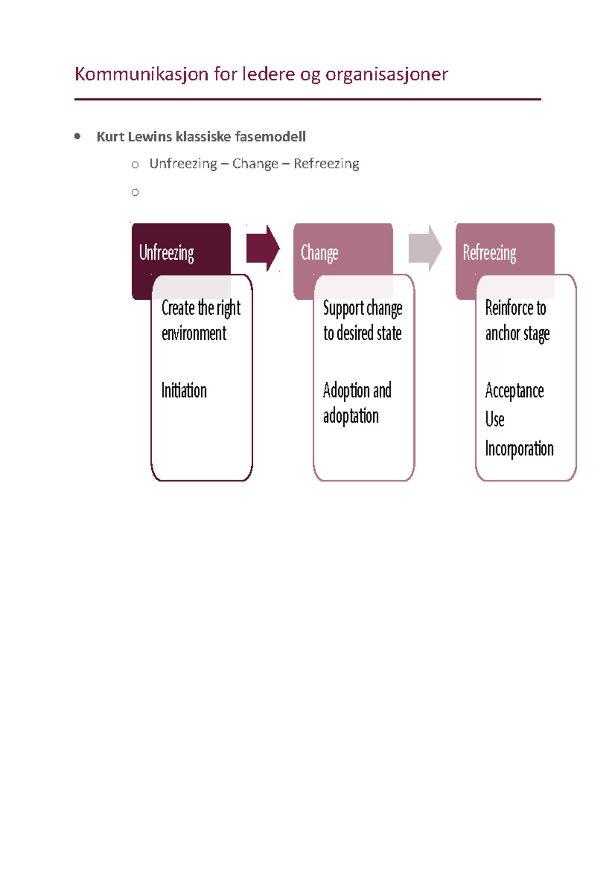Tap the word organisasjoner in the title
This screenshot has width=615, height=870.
click(x=386, y=75)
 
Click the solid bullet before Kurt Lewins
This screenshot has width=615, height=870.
click(x=77, y=136)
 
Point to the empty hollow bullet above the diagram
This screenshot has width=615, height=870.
click(x=135, y=192)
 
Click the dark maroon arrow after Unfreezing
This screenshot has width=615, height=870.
click(x=263, y=248)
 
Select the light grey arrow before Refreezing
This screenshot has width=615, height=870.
click(x=425, y=248)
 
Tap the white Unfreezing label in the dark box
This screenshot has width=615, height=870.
click(x=166, y=253)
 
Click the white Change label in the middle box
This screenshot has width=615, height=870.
click(x=319, y=253)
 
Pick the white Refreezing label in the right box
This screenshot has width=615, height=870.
click(x=489, y=253)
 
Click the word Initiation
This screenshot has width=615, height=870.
click(x=184, y=390)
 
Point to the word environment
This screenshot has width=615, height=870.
click(x=194, y=333)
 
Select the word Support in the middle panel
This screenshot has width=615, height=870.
click(x=343, y=309)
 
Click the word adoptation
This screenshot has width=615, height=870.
click(x=351, y=417)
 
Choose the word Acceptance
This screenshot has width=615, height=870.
click(x=515, y=391)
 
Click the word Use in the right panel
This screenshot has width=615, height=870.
click(x=495, y=419)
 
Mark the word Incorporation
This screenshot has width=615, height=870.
click(x=519, y=449)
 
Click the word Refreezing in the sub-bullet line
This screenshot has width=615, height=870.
click(x=326, y=164)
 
